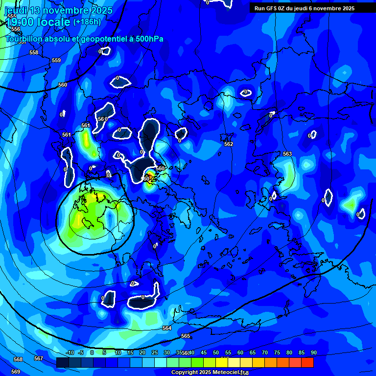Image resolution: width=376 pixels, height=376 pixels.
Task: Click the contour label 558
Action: point(34,52)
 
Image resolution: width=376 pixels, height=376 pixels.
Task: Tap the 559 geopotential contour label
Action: point(56,60)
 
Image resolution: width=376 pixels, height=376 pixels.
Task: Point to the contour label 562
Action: point(229,144)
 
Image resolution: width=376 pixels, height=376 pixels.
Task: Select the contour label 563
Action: point(287,154)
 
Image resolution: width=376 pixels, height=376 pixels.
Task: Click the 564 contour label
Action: point(167,328)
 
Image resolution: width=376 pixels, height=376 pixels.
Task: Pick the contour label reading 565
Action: point(186,336)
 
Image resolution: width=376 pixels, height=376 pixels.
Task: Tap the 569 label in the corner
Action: point(16,372)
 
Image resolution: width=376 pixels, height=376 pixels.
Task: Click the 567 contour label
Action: point(39,358)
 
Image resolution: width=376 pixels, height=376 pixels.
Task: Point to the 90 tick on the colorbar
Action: point(313,353)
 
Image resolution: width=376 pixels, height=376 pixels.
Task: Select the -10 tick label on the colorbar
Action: point(70,353)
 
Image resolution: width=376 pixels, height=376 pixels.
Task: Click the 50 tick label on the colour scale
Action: point(215,353)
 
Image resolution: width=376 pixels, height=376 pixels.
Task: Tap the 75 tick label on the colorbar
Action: point(277,353)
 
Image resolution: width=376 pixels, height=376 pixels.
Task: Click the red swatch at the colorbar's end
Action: point(307,362)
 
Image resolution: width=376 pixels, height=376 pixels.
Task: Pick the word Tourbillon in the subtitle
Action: point(24,39)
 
